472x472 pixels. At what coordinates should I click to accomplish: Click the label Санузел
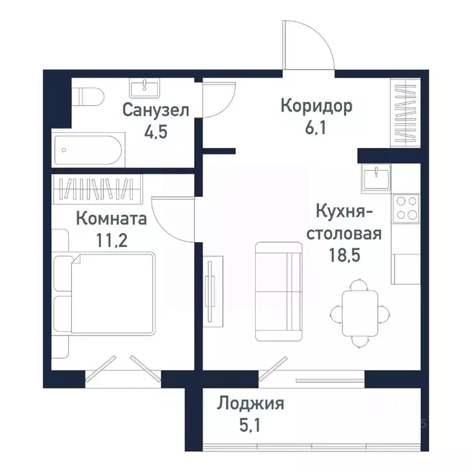155,110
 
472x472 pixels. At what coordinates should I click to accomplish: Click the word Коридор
316,106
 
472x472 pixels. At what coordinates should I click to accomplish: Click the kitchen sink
376,179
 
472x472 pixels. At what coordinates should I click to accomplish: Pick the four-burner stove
406,207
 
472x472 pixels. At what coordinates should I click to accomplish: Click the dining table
360,312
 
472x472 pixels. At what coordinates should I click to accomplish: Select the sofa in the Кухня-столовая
278,291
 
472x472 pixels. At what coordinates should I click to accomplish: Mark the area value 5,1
250,425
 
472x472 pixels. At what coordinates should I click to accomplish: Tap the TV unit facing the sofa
211,289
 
